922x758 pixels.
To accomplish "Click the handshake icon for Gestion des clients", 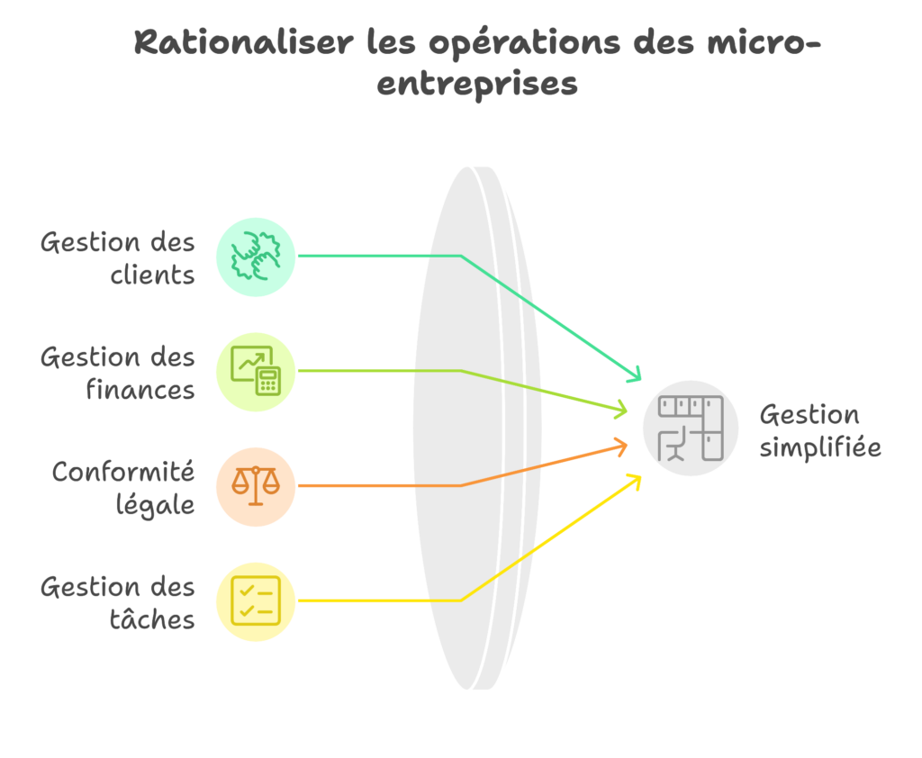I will [x=256, y=256].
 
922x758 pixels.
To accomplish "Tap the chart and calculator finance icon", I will [x=256, y=371].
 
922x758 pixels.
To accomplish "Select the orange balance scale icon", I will [x=256, y=486].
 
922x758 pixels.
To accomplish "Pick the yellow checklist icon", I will [x=256, y=600].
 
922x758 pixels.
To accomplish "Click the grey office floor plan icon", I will [x=691, y=429].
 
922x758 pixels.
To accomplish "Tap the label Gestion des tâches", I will [x=117, y=602].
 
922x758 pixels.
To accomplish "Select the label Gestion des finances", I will [x=117, y=373].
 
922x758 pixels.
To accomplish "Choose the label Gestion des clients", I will [x=117, y=257].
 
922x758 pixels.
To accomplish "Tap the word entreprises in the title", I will [x=477, y=85].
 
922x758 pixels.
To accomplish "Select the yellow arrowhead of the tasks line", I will [x=635, y=479].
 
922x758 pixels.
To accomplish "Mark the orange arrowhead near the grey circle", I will [x=621, y=445].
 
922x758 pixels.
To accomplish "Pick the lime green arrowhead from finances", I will [x=621, y=410].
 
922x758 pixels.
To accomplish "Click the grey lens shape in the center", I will [x=475, y=429].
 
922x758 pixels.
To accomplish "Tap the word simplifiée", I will [x=819, y=447].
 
